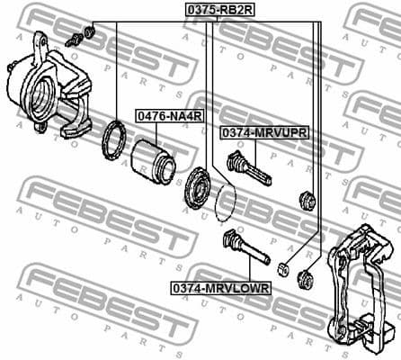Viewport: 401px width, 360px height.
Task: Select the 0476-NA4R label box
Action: click(168, 116)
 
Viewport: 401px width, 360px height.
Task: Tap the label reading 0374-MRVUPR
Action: click(264, 132)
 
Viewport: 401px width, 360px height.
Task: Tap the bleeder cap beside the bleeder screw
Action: click(89, 32)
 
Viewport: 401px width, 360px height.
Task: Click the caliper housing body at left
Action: click(45, 90)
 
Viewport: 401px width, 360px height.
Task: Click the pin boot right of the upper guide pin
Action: click(306, 200)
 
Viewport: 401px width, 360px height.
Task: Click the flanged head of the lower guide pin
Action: click(230, 240)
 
